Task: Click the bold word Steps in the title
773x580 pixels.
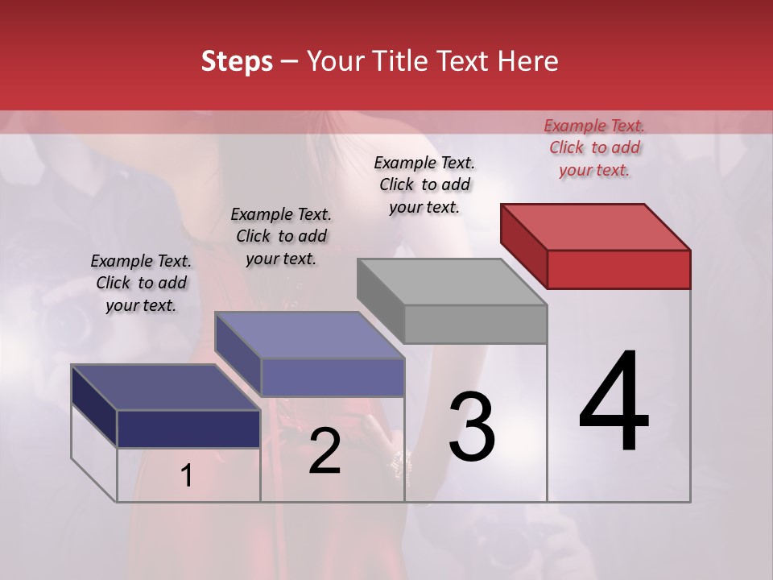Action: pos(237,61)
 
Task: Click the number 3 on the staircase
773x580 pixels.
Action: pos(472,427)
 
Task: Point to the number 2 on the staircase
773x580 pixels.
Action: pos(324,452)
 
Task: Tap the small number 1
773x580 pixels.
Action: pos(187,475)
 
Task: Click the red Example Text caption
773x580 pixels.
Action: pos(594,147)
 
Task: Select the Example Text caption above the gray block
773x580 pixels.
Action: pos(424,184)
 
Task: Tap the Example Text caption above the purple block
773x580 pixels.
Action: pos(281,236)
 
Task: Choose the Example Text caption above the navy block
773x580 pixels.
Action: pos(141,283)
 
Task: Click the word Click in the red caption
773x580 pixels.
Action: pos(567,147)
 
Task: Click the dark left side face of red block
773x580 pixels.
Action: pos(523,242)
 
